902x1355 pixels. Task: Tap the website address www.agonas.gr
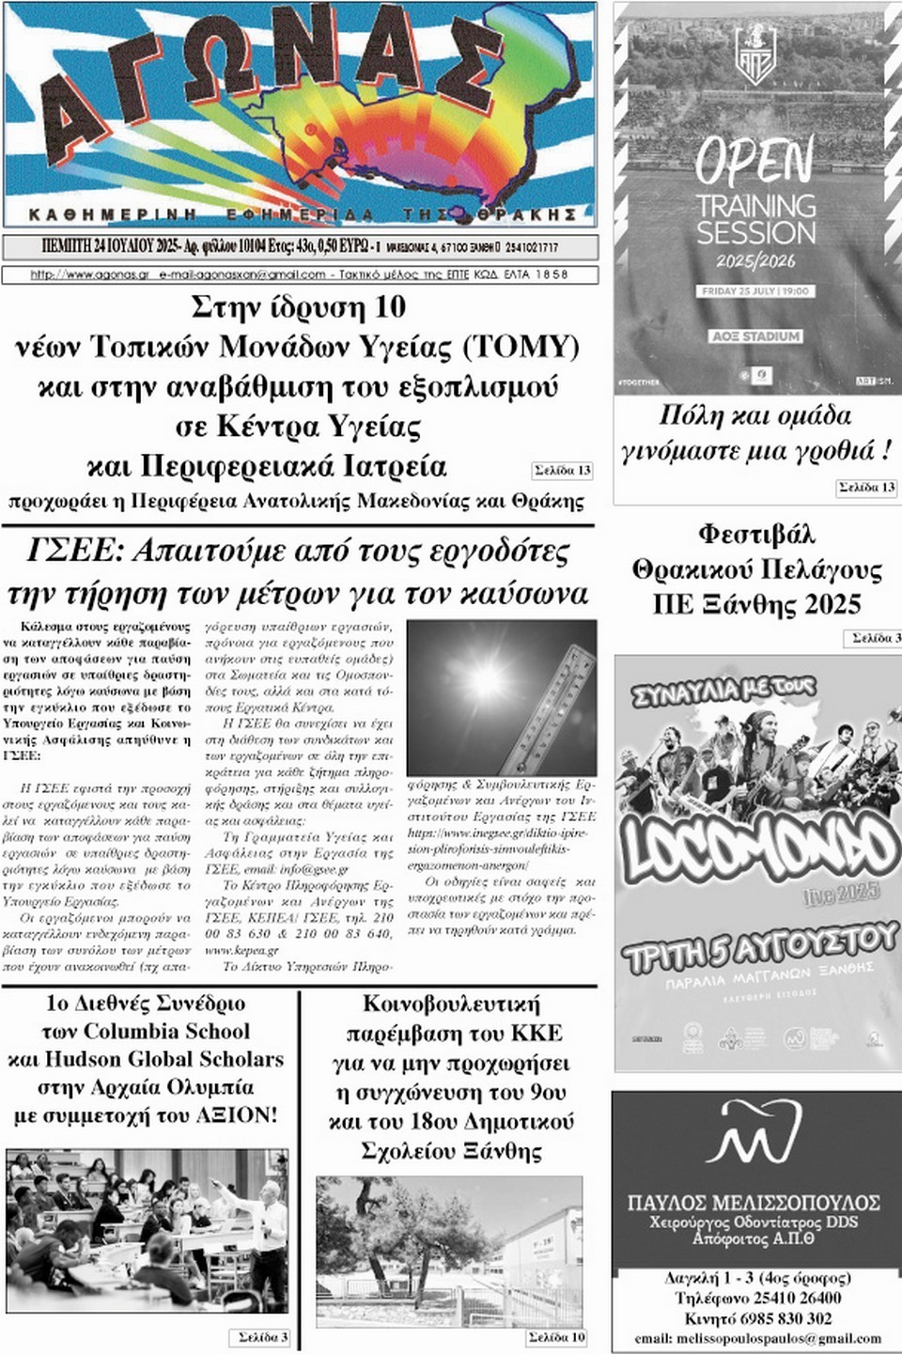click(x=90, y=275)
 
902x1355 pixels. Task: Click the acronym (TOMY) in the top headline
click(x=521, y=348)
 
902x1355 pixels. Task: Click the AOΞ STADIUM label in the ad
click(x=755, y=335)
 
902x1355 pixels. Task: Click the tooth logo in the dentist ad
click(x=754, y=1133)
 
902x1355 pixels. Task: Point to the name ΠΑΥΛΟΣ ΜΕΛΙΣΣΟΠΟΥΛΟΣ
click(x=754, y=1202)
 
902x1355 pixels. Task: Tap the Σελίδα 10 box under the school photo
click(x=556, y=1337)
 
